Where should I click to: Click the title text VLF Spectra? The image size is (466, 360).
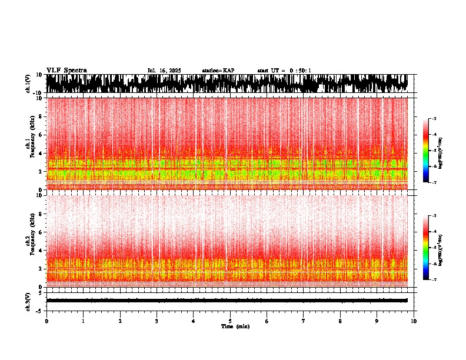[x=66, y=71]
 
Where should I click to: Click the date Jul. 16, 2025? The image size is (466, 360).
[x=164, y=71]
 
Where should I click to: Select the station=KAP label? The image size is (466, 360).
[x=218, y=71]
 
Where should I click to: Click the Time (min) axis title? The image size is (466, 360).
[x=235, y=326]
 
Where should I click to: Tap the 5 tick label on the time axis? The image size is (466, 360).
[x=230, y=321]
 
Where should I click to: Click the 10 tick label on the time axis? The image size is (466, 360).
[x=414, y=321]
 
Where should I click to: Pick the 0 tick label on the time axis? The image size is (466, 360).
[x=46, y=321]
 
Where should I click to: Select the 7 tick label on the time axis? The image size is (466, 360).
[x=304, y=321]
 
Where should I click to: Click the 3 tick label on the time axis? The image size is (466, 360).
[x=157, y=321]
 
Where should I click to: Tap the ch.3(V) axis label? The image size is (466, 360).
[x=28, y=301]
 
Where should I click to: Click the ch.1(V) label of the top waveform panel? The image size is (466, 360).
[x=28, y=84]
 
